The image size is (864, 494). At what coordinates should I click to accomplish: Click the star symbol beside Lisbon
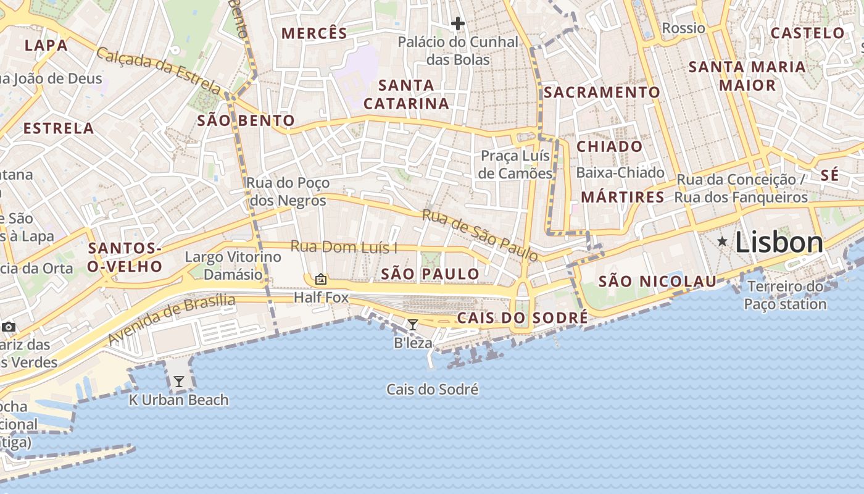click(722, 241)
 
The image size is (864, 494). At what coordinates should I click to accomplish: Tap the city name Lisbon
click(779, 243)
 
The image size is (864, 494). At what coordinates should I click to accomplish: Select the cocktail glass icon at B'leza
click(413, 324)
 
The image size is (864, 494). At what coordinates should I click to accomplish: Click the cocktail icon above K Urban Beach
click(179, 382)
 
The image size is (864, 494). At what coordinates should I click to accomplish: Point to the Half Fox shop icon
click(320, 279)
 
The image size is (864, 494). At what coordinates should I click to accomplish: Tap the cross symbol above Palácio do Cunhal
click(457, 24)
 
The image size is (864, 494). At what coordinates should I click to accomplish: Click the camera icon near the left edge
click(9, 327)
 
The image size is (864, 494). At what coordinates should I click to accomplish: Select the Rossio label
click(683, 28)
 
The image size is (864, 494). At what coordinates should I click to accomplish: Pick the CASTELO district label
click(808, 33)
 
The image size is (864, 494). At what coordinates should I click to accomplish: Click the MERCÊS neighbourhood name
click(315, 33)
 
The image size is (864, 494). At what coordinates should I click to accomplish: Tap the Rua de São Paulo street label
click(480, 235)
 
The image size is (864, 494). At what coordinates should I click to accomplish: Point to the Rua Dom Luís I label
click(344, 247)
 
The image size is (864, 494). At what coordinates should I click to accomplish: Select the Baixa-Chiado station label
click(620, 172)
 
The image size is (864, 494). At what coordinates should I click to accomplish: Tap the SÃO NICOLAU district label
click(657, 282)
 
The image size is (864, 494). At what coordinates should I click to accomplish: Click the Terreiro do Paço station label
click(785, 295)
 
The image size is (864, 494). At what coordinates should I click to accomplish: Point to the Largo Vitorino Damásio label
click(233, 266)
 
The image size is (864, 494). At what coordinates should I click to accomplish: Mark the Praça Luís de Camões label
click(515, 164)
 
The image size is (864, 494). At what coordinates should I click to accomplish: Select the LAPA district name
click(46, 45)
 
